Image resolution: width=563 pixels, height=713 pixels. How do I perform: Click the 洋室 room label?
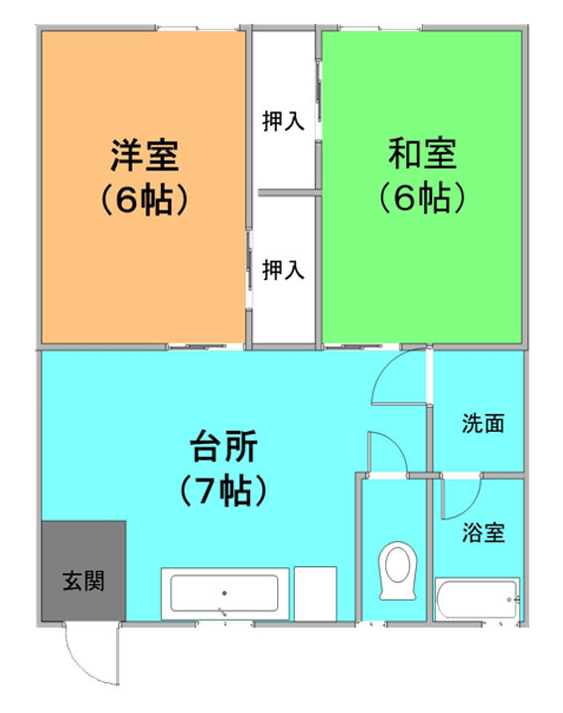point(145,155)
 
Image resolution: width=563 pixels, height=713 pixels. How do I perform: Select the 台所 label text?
point(223,446)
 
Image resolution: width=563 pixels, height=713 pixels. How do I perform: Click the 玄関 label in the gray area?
point(83,581)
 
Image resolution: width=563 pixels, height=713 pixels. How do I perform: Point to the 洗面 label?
point(483,423)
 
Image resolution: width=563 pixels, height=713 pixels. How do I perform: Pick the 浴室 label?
point(484,532)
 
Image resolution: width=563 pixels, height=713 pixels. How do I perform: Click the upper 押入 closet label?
point(283,121)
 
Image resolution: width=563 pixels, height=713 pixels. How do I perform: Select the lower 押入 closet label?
point(283,270)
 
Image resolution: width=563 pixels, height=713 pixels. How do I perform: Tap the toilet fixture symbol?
point(397,570)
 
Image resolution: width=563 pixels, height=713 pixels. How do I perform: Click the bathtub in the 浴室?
point(477,599)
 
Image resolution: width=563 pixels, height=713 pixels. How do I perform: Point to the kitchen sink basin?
point(224,594)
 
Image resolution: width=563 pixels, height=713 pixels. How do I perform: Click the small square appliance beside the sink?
point(315,594)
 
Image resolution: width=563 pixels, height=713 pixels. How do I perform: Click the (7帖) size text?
point(223,491)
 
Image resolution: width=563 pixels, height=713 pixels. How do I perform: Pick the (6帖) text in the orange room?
point(144,200)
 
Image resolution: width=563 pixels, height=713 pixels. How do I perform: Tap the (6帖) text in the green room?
point(422,198)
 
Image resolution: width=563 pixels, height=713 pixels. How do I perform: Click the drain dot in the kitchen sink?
point(224,593)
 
